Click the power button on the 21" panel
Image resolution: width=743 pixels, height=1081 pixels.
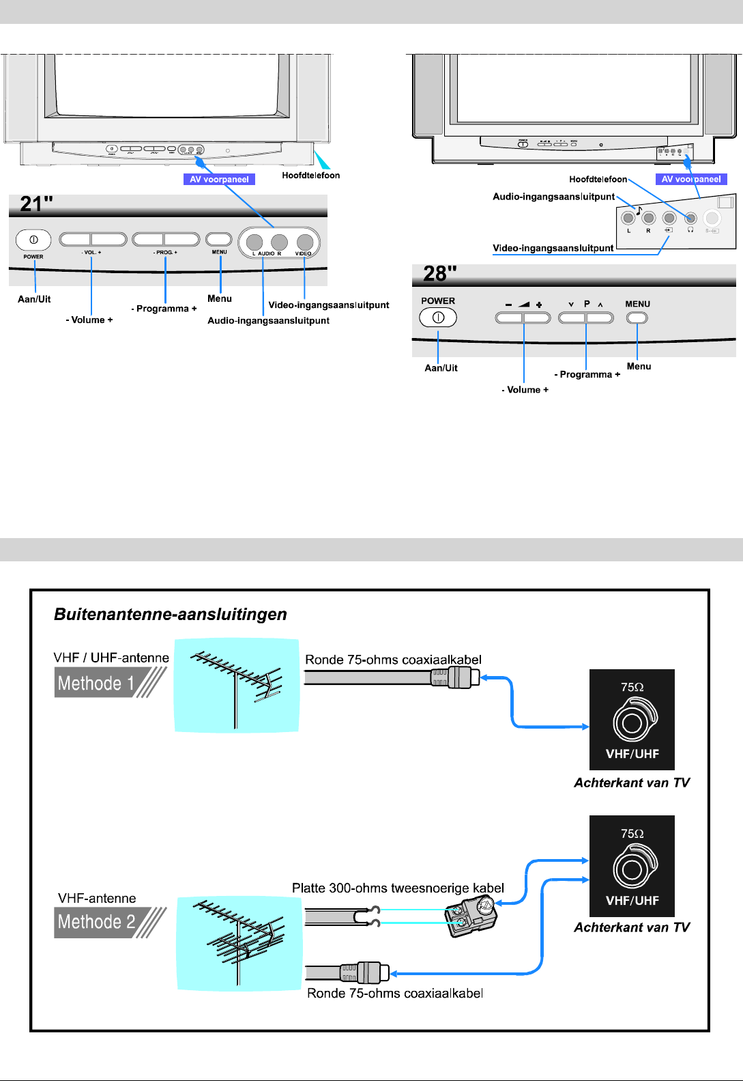(33, 240)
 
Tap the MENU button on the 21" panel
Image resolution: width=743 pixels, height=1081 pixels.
(219, 239)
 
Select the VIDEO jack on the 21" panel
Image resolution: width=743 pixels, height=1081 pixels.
(305, 242)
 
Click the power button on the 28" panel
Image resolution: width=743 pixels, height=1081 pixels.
(438, 318)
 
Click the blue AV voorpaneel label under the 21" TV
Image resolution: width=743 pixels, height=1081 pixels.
(219, 180)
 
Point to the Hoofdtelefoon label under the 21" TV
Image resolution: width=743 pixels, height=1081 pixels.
(310, 176)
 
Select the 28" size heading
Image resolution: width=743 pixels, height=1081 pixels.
(440, 274)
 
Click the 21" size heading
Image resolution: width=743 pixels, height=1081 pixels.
(37, 203)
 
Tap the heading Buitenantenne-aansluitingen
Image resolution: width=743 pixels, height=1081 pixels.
(171, 615)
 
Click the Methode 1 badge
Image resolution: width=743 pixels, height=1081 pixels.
(109, 683)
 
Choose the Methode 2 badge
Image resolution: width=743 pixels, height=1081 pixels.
(109, 922)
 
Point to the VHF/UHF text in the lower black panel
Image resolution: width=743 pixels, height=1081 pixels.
(632, 901)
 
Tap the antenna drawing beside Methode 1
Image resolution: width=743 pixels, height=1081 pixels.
(237, 686)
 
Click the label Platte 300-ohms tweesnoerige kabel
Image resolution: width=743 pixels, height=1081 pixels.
(398, 888)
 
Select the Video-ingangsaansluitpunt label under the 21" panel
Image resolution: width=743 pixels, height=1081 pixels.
(329, 305)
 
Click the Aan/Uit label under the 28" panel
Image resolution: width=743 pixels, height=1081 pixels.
(441, 368)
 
